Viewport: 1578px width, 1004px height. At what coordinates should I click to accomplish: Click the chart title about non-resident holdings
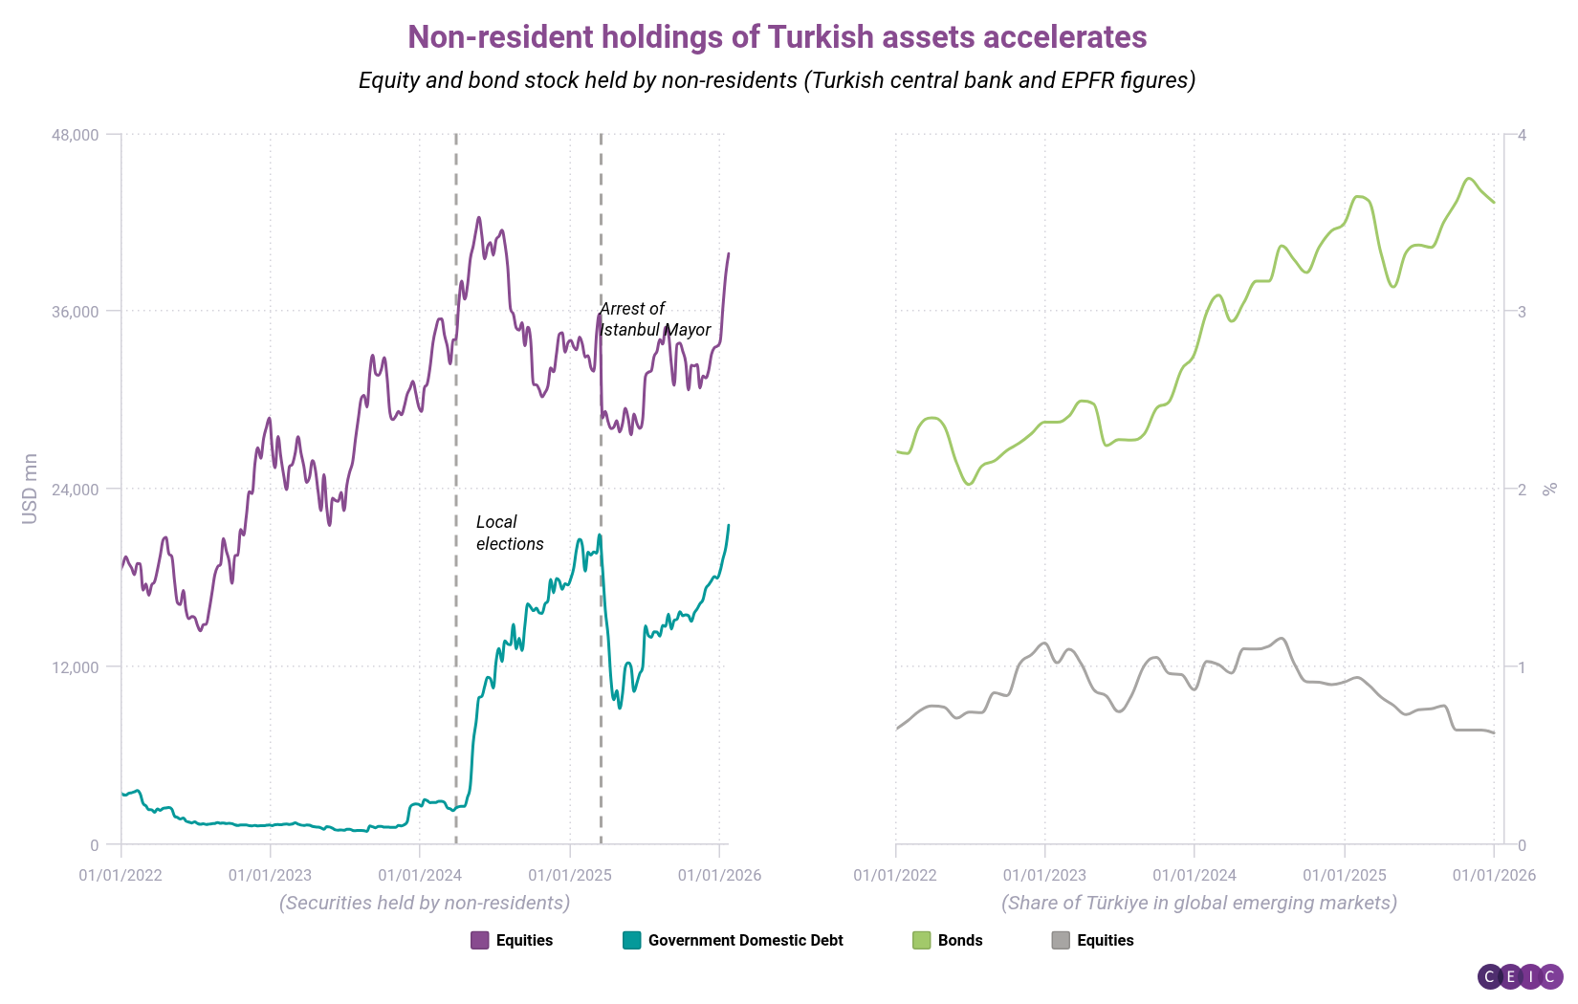coord(777,36)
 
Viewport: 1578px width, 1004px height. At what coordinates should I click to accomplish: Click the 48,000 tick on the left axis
coord(76,135)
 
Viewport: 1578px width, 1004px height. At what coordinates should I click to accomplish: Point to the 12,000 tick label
coord(76,667)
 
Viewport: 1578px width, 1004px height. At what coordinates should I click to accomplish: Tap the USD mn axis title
coord(30,489)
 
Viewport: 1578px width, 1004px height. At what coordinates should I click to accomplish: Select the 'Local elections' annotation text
coord(510,533)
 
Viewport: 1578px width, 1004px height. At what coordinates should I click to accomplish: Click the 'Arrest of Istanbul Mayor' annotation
coord(654,319)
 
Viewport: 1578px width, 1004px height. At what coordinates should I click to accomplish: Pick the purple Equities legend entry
coord(512,940)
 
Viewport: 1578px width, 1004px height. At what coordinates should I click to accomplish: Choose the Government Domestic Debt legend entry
coord(733,940)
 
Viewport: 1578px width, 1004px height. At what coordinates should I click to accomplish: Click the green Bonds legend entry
coord(948,940)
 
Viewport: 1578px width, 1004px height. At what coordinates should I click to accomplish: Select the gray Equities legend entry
coord(1092,940)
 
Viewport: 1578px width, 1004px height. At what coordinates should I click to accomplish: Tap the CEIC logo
coord(1520,976)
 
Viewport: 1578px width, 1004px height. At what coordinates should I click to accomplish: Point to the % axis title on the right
coord(1550,489)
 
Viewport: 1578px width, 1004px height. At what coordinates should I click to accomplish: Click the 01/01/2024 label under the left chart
coord(420,875)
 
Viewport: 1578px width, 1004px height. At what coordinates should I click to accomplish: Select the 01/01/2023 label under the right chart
coord(1044,875)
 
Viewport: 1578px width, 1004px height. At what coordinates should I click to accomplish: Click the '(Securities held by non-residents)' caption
coord(425,903)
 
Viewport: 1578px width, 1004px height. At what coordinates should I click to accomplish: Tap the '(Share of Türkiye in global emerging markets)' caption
coord(1198,903)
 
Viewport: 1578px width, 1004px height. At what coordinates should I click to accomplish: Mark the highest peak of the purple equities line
coord(479,218)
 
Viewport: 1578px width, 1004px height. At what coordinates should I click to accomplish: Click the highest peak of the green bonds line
coord(1470,179)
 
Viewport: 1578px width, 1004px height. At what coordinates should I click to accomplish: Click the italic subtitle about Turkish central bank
coord(777,80)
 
